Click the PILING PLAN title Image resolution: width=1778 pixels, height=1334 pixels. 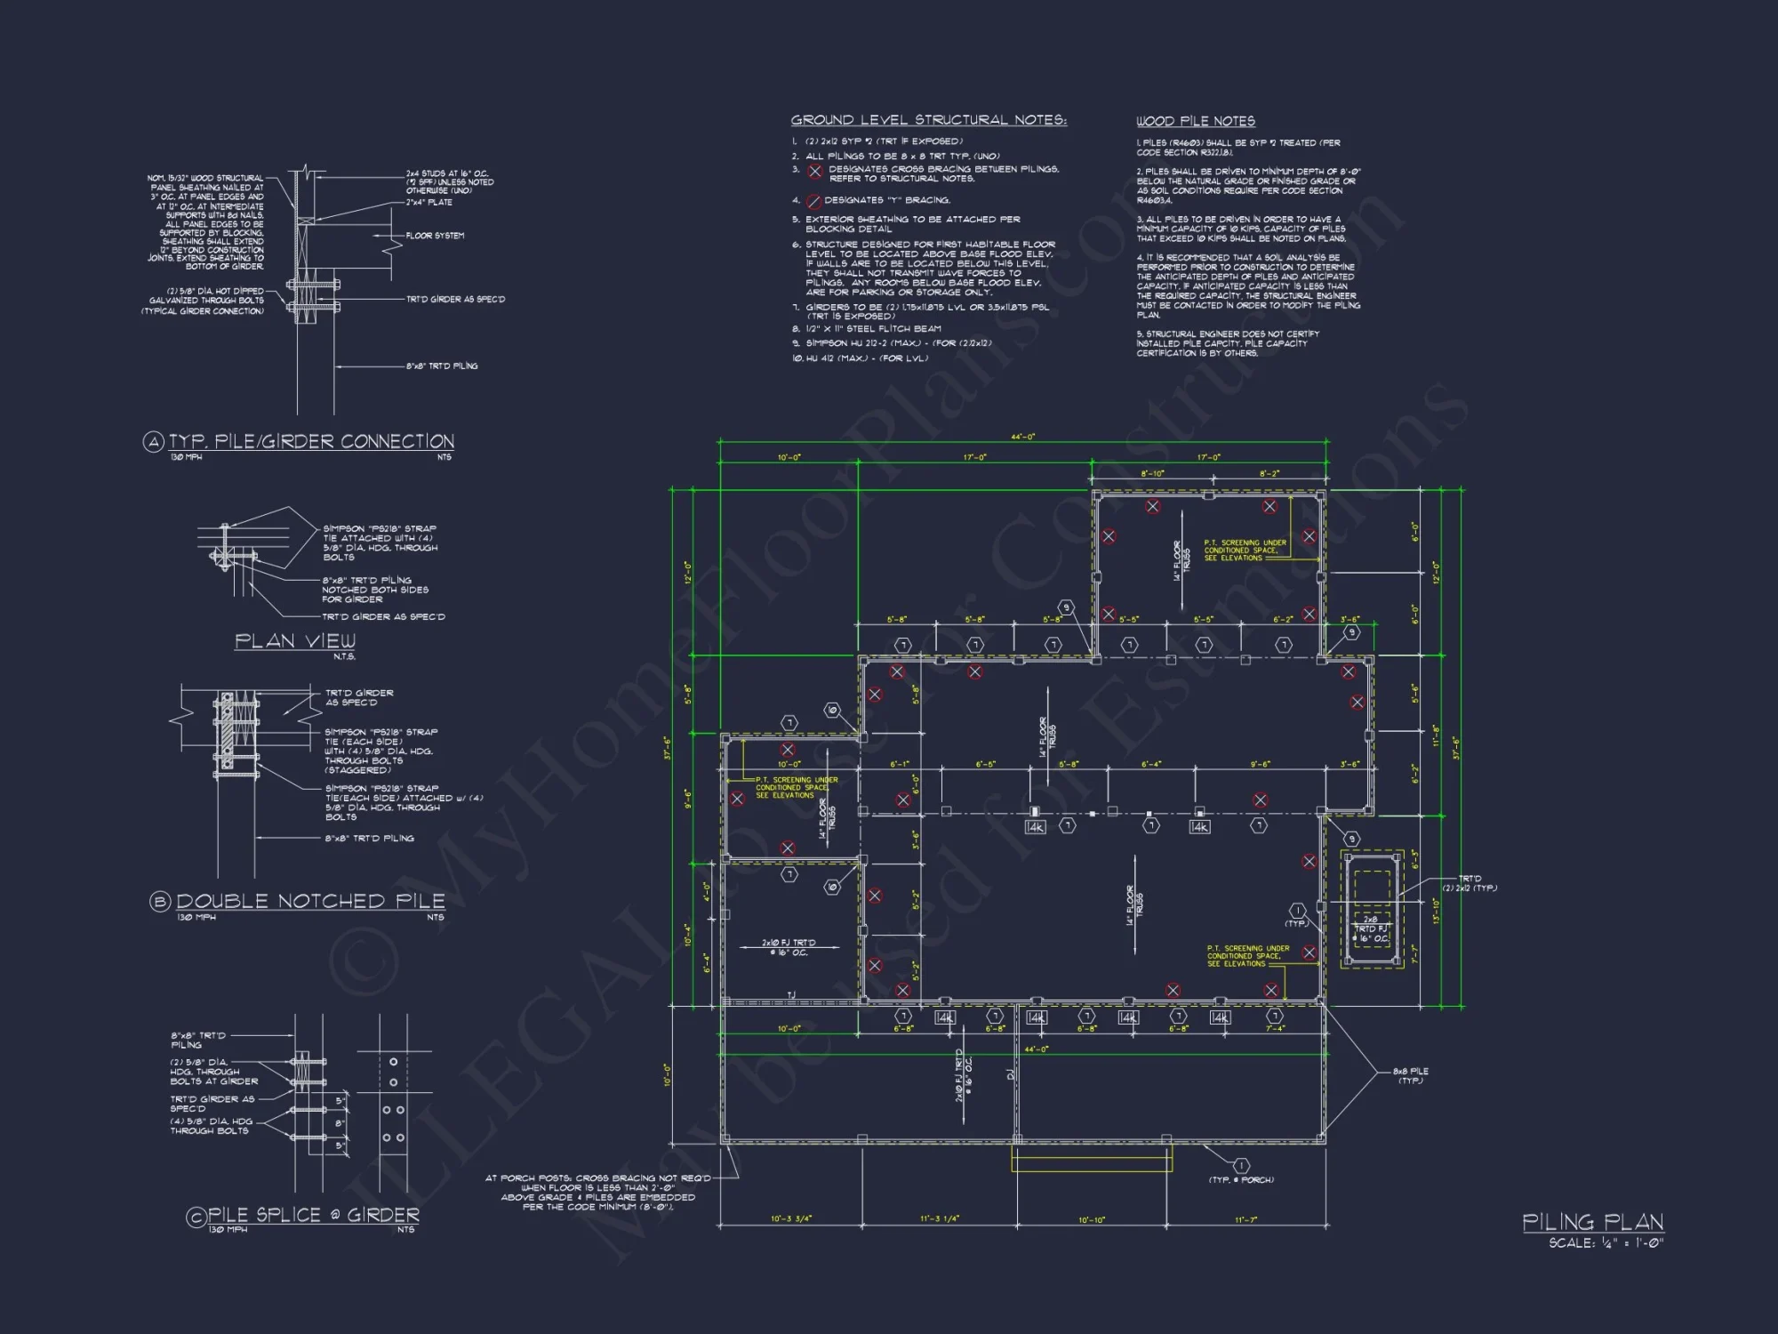point(1592,1222)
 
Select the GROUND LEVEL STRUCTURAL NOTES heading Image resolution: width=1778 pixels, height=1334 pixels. point(928,120)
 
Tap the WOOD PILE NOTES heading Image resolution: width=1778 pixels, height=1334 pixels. point(1195,121)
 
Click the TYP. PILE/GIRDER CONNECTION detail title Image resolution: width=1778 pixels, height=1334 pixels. point(311,441)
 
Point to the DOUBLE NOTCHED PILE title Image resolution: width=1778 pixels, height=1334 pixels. point(310,901)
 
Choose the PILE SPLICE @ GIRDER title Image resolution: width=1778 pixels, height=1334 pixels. point(313,1215)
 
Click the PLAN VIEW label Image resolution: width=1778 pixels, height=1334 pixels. point(294,641)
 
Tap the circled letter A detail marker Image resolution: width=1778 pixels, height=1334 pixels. point(154,442)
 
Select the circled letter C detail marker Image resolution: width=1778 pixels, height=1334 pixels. point(196,1217)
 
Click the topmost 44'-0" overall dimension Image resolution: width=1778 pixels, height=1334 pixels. point(1022,437)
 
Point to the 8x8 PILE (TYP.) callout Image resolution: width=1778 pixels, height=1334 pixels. point(1410,1075)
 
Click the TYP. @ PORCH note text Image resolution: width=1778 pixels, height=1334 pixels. point(1240,1180)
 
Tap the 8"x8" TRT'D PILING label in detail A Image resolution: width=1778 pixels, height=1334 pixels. point(442,366)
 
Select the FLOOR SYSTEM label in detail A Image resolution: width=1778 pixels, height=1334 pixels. point(435,236)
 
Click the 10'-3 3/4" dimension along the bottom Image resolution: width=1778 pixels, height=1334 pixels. point(790,1219)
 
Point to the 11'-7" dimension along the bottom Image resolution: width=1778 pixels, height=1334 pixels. point(1245,1220)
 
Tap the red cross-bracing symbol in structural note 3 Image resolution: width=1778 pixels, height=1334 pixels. point(814,172)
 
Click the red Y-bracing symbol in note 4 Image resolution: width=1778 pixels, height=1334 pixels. point(813,201)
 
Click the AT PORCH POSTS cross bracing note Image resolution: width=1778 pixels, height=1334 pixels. point(597,1193)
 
